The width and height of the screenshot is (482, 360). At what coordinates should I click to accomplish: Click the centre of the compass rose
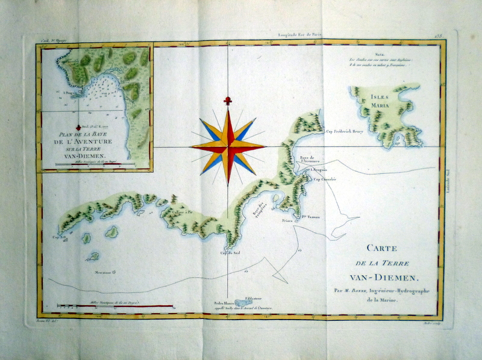228,145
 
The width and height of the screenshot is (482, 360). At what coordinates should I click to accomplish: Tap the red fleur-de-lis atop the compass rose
228,100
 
